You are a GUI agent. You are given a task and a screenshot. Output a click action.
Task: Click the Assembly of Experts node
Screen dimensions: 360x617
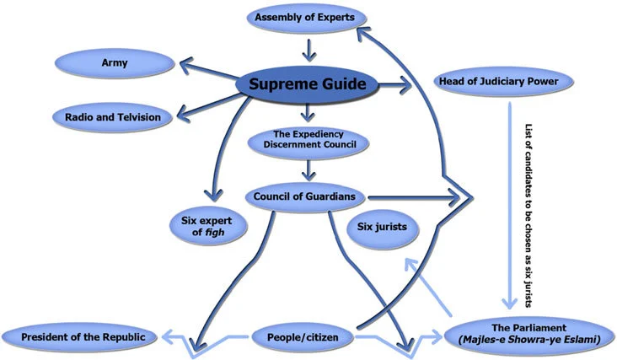click(x=309, y=16)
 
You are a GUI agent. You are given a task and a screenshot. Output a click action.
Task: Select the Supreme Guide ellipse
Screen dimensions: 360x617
click(x=306, y=83)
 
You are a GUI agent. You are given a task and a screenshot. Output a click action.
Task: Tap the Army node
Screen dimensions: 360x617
click(x=115, y=62)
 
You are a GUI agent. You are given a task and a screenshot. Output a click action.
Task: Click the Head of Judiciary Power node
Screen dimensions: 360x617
click(x=505, y=81)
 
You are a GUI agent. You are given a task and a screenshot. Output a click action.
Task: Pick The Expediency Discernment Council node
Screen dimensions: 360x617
click(x=309, y=139)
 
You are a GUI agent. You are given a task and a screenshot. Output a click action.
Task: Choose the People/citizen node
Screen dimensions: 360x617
click(x=303, y=336)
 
